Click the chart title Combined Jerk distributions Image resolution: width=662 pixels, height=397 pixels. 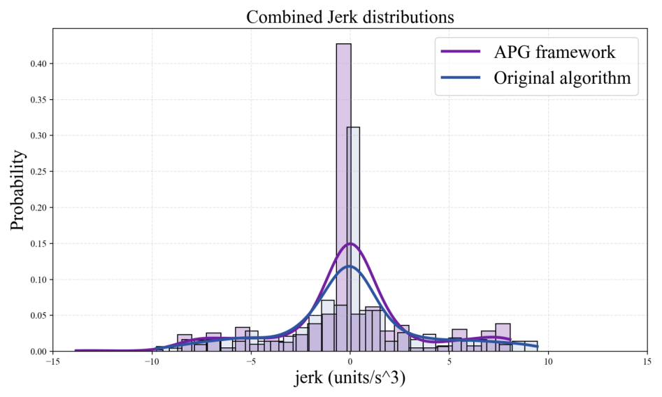[x=350, y=17]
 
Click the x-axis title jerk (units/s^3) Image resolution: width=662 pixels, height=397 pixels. [x=350, y=380]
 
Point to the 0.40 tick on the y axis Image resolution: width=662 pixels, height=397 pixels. [x=39, y=64]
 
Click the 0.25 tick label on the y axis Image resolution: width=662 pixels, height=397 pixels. [x=39, y=171]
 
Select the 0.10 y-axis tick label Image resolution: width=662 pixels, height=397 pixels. [x=39, y=280]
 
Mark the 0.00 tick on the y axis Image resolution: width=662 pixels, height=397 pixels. [x=39, y=352]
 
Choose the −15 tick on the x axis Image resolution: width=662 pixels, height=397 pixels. [x=52, y=361]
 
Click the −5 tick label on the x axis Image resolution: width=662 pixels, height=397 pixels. [x=250, y=361]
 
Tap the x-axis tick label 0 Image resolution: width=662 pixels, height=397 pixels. [x=350, y=361]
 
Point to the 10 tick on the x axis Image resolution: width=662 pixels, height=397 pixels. [x=548, y=361]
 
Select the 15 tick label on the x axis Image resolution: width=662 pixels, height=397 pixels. [x=647, y=361]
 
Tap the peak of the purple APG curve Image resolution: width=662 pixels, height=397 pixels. [x=350, y=244]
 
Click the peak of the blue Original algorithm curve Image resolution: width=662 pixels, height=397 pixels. [x=350, y=266]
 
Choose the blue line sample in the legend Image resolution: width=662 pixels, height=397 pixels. [x=461, y=78]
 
